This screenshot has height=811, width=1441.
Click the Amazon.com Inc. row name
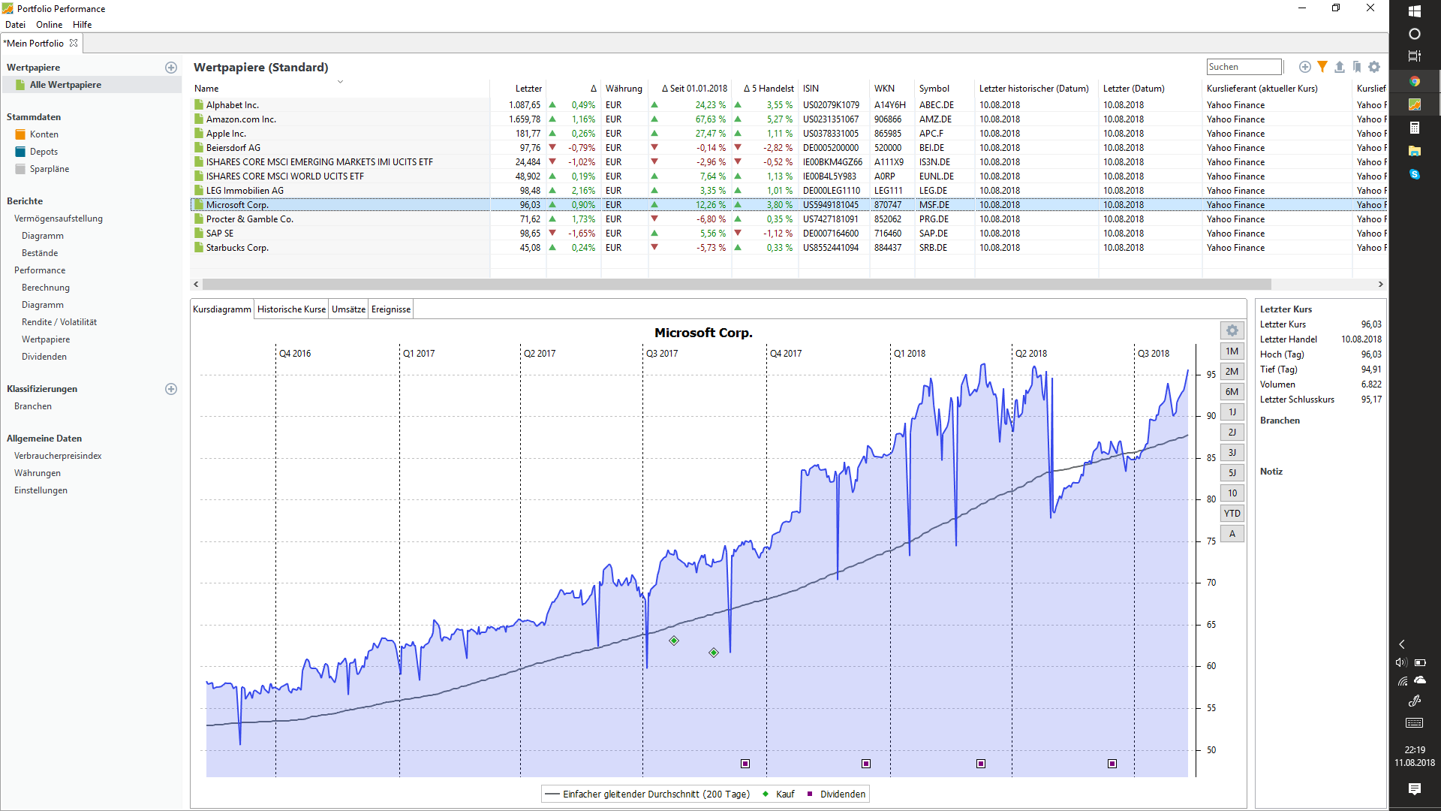point(241,119)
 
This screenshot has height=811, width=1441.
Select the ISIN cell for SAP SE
point(830,234)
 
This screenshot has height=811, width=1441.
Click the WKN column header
point(884,89)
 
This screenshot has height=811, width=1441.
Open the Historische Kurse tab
point(291,309)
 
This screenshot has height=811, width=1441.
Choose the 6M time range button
point(1232,392)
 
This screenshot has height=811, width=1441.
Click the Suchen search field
point(1244,67)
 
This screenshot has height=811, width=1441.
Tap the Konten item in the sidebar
point(44,134)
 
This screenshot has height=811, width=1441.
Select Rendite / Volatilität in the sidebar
point(59,322)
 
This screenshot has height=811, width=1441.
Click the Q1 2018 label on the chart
point(910,354)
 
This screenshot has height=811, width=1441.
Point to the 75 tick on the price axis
point(1211,541)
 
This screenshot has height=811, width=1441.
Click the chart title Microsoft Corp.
point(703,333)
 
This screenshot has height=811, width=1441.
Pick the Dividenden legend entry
point(843,794)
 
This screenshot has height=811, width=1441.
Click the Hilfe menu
point(83,25)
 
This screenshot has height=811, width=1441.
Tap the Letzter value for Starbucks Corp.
point(530,248)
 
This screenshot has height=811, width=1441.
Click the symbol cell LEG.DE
point(933,191)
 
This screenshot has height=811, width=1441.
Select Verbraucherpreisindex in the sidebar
point(58,456)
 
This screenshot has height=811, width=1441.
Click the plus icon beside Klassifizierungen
point(171,389)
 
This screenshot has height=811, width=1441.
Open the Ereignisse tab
point(391,309)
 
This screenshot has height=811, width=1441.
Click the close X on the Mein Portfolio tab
point(74,43)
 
